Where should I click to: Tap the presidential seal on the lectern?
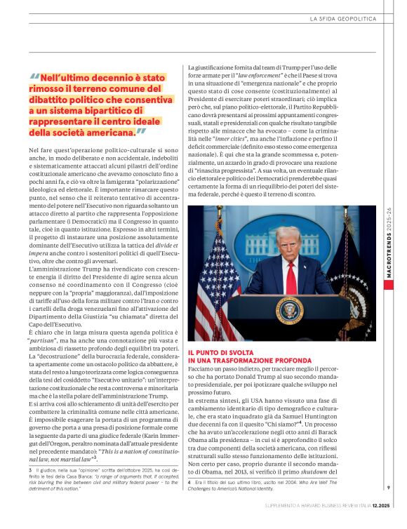tap(288, 311)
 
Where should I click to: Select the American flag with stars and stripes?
tap(211, 281)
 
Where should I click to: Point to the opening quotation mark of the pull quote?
tap(34, 79)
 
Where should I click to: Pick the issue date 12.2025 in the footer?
tap(371, 523)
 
